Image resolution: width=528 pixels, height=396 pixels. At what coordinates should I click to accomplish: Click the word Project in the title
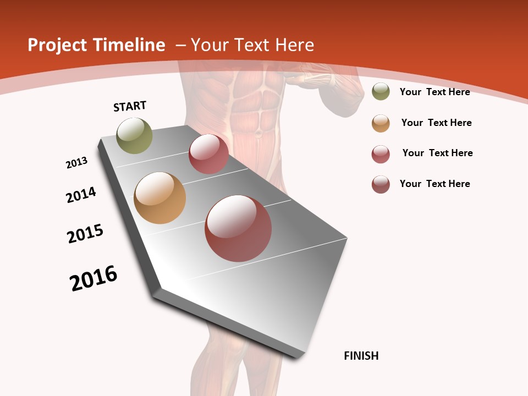pos(57,45)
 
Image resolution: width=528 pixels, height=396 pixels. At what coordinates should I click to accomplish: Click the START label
pos(130,106)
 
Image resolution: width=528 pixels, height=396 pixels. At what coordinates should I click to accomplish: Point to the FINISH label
pos(361,356)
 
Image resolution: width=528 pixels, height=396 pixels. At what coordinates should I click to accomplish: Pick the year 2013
pos(77,163)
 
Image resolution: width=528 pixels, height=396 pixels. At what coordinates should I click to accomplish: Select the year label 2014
pos(81,195)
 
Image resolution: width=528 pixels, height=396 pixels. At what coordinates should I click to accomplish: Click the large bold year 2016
pos(94,278)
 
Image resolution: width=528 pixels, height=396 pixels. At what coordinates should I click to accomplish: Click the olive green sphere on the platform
pos(135,135)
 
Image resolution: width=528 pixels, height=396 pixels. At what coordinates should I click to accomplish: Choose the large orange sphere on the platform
pos(159,198)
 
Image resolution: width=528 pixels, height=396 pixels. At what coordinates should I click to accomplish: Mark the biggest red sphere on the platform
pos(238,228)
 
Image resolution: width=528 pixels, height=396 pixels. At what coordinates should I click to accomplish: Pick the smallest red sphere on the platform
pos(208,154)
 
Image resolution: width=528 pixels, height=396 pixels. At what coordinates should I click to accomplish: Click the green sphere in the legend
pos(381,91)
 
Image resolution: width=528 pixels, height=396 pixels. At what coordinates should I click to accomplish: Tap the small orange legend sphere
pos(381,123)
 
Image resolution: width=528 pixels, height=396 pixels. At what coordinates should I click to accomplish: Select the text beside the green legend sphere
pos(435,92)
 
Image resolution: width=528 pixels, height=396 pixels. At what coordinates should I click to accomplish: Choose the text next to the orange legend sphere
pos(436,123)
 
